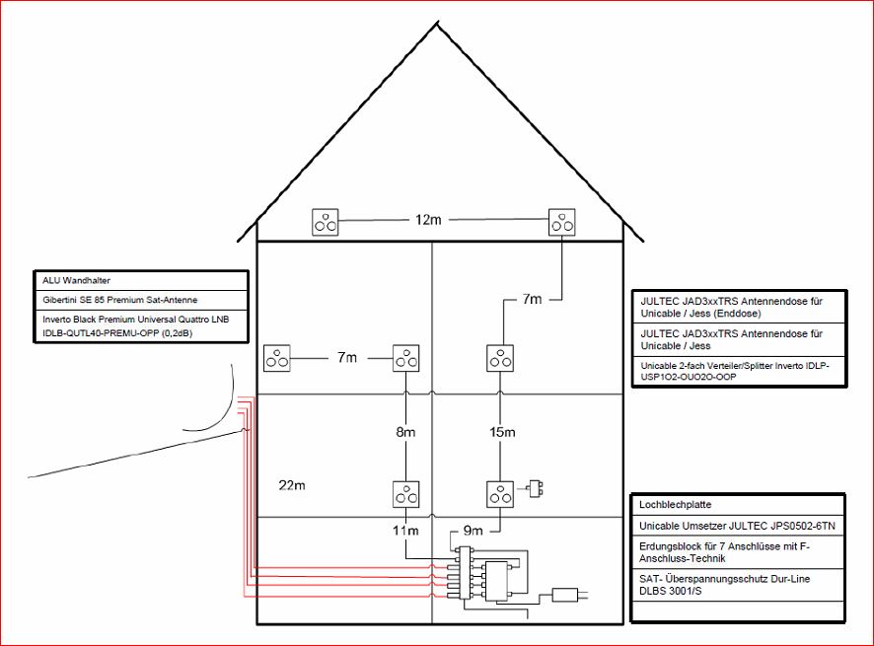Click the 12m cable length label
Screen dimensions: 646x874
click(x=428, y=220)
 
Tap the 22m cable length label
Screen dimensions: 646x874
click(x=292, y=485)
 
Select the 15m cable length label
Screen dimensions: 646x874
click(x=501, y=432)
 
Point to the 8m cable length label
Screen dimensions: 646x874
click(x=406, y=432)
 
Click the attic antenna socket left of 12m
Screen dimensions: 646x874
click(x=326, y=223)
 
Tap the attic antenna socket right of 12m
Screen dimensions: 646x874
click(x=562, y=223)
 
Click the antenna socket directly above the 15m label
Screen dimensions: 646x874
click(x=501, y=358)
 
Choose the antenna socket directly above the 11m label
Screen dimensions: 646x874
click(x=406, y=493)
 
